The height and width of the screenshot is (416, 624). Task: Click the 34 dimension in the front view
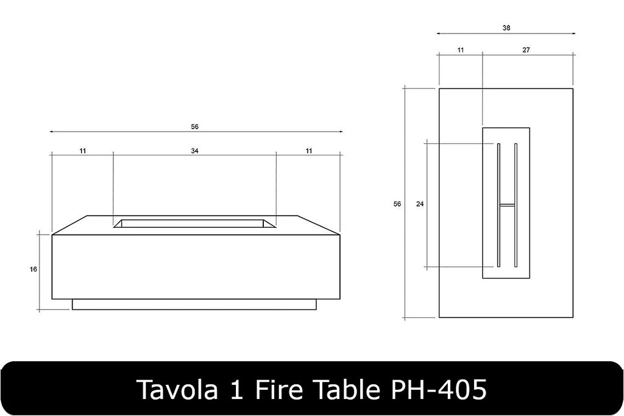[194, 150]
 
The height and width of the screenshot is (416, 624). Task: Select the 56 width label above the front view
[194, 127]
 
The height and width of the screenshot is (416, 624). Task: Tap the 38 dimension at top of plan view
[506, 28]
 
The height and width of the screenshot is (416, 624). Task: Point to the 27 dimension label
[526, 50]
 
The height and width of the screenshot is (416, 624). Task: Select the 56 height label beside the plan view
[397, 204]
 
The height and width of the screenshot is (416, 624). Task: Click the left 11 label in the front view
[82, 150]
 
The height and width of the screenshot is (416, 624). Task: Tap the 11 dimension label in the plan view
[460, 50]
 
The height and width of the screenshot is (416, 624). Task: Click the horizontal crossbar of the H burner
[507, 205]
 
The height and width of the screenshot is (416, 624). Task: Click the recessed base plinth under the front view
[194, 304]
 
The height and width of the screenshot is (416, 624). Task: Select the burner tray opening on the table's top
[194, 223]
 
